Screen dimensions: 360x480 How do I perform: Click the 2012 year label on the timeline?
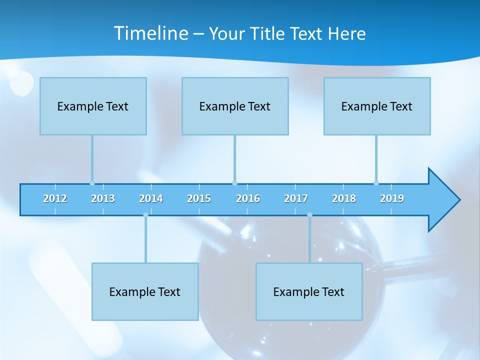pos(55,199)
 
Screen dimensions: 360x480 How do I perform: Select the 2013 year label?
pos(103,199)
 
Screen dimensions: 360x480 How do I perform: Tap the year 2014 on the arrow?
pos(151,199)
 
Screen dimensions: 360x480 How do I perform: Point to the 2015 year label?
pos(199,199)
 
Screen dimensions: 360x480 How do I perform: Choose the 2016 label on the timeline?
pos(248,199)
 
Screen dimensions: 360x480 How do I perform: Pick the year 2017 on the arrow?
pos(296,199)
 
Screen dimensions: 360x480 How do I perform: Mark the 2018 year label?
pos(344,199)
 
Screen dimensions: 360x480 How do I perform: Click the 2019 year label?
pos(392,199)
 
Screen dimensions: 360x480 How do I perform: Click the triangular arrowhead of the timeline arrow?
pos(442,200)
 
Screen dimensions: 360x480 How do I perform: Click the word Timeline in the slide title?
pos(150,33)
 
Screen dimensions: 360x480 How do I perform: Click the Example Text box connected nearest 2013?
pos(93,106)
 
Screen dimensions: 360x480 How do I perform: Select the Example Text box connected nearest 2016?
pos(235,106)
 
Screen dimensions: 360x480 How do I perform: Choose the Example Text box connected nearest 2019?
pos(377,106)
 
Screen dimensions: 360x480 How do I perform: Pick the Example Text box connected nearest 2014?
pos(145,291)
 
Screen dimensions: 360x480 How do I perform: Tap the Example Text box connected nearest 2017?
pos(309,291)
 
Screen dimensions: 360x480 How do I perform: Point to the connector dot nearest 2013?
pos(92,183)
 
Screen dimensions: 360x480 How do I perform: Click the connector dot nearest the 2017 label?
pos(309,215)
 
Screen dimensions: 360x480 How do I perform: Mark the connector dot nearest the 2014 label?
pos(145,215)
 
